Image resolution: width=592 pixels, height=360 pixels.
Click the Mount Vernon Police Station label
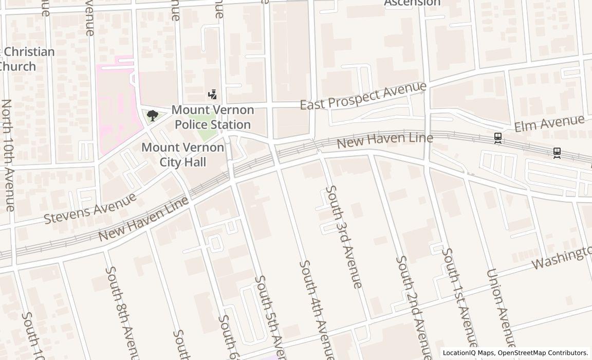tap(213, 117)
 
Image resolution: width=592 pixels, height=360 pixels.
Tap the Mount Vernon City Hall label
tap(183, 155)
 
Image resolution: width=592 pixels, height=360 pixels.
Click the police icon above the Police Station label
tap(212, 95)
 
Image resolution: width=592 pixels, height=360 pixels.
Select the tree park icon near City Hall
tap(152, 116)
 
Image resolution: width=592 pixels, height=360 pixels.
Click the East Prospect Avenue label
tap(363, 96)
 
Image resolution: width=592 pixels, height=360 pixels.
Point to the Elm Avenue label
tap(550, 123)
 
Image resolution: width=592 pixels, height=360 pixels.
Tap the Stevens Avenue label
tap(90, 208)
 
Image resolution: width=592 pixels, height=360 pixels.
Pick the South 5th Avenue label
tap(270, 316)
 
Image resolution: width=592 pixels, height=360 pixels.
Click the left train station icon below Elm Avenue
tap(497, 138)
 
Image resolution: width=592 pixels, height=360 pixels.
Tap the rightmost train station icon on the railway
tap(557, 153)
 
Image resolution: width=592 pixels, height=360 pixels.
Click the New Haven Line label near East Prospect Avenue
tap(385, 139)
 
